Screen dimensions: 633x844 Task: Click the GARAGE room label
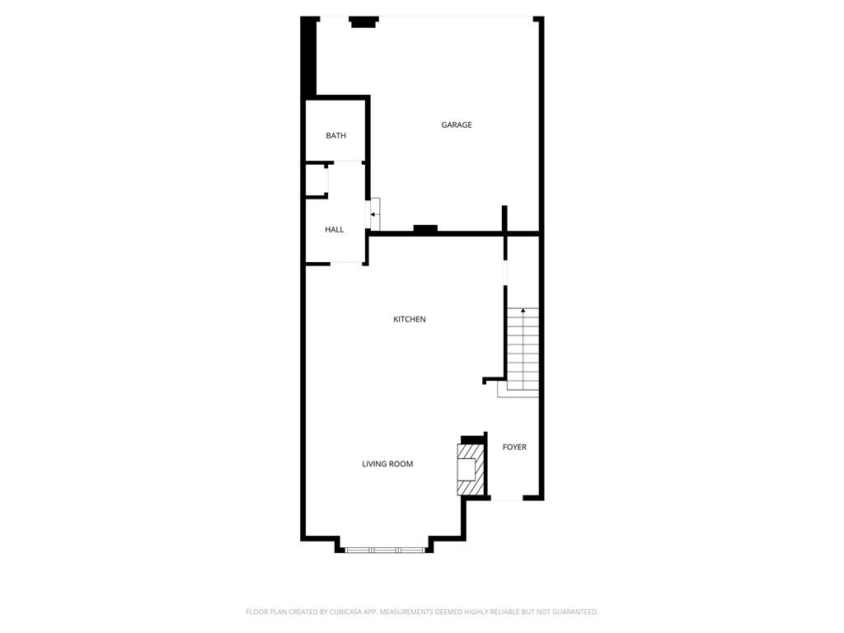pyautogui.click(x=457, y=125)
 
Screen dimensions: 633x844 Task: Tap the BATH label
pyautogui.click(x=335, y=136)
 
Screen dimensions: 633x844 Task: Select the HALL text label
pyautogui.click(x=334, y=230)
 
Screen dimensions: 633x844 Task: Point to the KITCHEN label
pyautogui.click(x=409, y=320)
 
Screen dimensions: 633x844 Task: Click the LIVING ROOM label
pyautogui.click(x=387, y=464)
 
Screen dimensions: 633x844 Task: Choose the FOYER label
pyautogui.click(x=514, y=448)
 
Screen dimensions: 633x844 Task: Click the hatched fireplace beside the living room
pyautogui.click(x=469, y=469)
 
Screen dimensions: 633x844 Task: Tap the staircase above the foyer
pyautogui.click(x=523, y=350)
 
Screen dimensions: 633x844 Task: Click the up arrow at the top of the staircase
pyautogui.click(x=523, y=311)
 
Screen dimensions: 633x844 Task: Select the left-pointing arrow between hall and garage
pyautogui.click(x=373, y=214)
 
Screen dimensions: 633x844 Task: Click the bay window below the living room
pyautogui.click(x=384, y=549)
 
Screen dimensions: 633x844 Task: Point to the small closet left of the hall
pyautogui.click(x=316, y=180)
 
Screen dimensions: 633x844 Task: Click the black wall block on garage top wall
pyautogui.click(x=363, y=22)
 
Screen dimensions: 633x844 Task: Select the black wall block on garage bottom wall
pyautogui.click(x=424, y=229)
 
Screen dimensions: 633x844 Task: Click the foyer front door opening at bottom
pyautogui.click(x=507, y=499)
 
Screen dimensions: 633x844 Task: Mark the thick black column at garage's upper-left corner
pyautogui.click(x=309, y=58)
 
